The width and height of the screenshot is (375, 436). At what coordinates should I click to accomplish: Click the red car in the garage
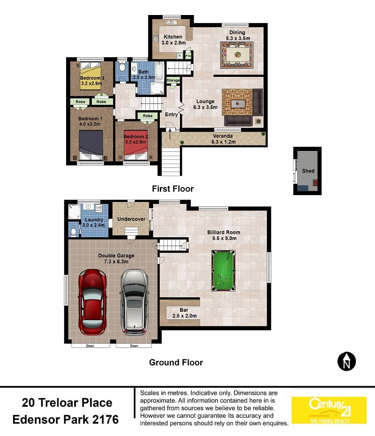point(92,302)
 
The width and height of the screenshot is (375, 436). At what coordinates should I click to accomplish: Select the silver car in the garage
point(135,302)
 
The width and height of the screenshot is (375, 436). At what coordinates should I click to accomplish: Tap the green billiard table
point(223,271)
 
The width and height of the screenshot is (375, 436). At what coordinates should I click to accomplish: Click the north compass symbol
point(347,361)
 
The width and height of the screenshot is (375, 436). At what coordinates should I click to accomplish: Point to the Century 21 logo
point(329,410)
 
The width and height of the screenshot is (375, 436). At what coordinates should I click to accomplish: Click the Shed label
point(308,171)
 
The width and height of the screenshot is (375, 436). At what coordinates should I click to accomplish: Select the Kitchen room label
point(173,37)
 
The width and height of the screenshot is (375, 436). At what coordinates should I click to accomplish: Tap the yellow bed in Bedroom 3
point(90,75)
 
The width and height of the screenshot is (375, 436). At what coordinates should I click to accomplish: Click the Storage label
point(173,80)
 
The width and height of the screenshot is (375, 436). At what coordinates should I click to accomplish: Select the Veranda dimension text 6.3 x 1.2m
point(224,142)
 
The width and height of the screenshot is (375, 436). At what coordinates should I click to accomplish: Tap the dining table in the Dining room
point(237,55)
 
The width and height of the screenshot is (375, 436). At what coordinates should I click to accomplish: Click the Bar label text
point(184,310)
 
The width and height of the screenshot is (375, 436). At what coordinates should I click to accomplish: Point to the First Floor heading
point(172,189)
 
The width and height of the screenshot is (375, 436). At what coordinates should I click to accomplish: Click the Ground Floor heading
point(176,362)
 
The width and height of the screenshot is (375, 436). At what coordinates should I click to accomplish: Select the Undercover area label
point(131,219)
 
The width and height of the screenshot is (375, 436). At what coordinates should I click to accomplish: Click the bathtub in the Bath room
point(159,71)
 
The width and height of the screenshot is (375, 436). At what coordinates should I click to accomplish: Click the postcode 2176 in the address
point(105,419)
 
